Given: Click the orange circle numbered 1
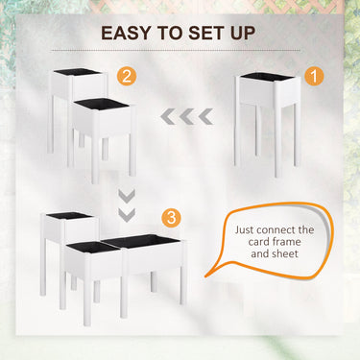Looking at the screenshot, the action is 314,77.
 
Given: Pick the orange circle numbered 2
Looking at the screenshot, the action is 127,77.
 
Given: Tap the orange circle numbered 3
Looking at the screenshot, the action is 171,218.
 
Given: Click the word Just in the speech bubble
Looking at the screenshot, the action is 244,229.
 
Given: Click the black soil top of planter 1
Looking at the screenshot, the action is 267,77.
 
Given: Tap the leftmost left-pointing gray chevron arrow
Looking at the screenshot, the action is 168,116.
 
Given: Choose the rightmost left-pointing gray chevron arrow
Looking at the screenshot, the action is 205,116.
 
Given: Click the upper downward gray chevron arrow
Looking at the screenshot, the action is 127,196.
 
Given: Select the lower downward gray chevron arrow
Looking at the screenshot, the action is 127,215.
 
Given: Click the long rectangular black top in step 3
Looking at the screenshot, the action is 142,241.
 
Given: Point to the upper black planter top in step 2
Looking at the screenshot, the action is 78,71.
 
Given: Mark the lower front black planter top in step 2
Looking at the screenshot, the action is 103,104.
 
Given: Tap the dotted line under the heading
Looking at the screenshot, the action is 176,51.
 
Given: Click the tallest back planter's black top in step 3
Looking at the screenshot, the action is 69,216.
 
